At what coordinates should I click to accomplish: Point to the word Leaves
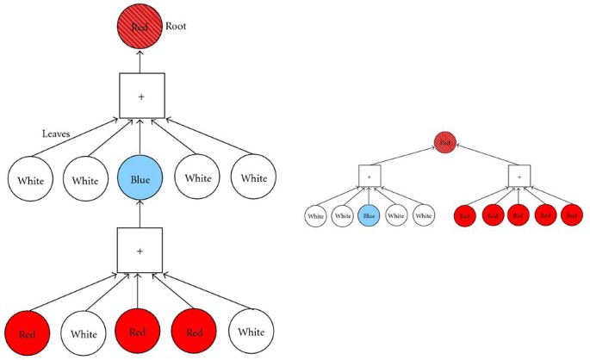point(58,134)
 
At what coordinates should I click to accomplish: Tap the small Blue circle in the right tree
point(370,215)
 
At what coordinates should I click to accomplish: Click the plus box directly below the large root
point(141,96)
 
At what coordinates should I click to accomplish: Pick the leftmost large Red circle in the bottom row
point(28,331)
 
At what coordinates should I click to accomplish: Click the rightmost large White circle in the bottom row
point(252,332)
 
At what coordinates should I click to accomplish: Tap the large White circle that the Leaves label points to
point(31,182)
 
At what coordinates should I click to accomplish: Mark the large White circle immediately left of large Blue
point(85,181)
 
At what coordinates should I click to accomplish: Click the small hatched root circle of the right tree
point(444,140)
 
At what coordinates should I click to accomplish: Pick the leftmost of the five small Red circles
point(465,215)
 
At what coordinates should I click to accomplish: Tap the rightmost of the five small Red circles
point(572,215)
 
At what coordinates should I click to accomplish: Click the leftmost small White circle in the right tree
point(316,215)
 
